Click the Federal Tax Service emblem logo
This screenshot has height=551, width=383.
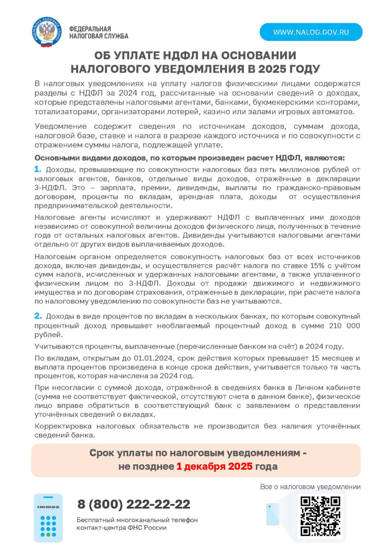point(47,32)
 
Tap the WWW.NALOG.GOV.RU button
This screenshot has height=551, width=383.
point(311,32)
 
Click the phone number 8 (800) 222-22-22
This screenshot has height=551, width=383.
point(134,504)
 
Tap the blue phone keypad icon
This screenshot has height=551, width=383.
point(48,518)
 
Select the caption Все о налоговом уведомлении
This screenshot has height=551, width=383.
point(310,487)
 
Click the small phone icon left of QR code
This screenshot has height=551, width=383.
point(273,514)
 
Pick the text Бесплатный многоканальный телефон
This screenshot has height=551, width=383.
point(137,520)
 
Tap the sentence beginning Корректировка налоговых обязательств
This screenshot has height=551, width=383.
point(197,430)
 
